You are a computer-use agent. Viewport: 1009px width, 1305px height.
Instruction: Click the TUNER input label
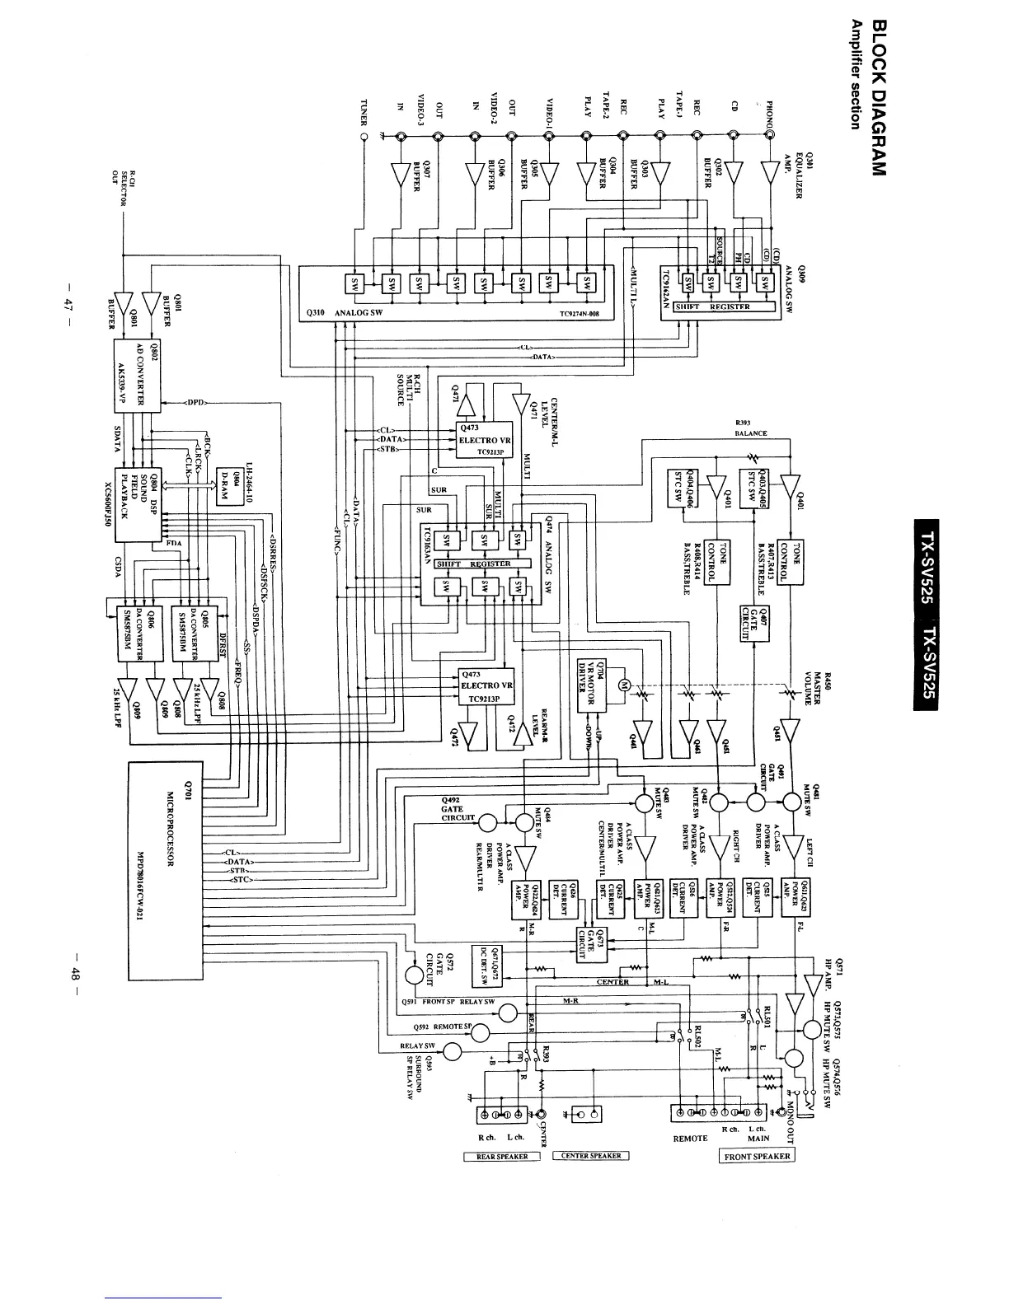pos(364,113)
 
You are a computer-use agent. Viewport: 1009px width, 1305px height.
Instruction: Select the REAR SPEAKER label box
pos(502,1156)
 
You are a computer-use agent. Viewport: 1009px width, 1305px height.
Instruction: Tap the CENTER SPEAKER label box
pos(591,1156)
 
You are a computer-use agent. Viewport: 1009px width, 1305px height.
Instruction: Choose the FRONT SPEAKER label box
pos(757,1156)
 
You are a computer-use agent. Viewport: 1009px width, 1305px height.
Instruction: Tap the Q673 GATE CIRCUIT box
pos(591,943)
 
